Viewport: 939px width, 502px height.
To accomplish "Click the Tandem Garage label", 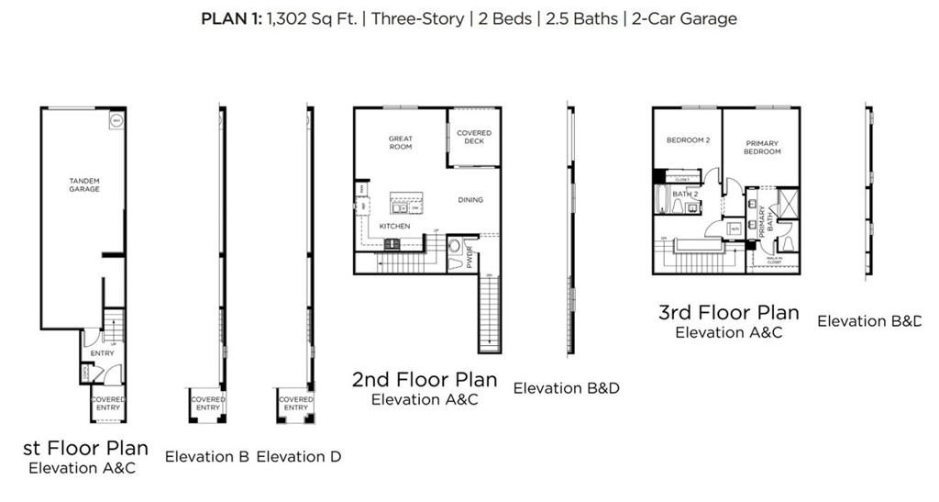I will coord(83,184).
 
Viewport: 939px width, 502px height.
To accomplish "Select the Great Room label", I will coord(401,142).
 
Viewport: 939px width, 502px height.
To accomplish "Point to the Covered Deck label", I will coord(474,137).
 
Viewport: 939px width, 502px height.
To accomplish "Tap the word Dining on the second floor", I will coord(470,199).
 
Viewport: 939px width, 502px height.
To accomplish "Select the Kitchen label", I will coord(395,225).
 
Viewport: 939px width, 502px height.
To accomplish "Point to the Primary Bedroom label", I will coord(762,147).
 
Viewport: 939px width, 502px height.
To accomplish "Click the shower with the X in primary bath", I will coord(787,203).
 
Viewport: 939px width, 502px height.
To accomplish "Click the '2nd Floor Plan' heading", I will coord(425,379).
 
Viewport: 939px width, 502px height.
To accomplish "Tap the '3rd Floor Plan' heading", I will coord(729,312).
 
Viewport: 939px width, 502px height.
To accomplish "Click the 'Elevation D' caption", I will coord(299,456).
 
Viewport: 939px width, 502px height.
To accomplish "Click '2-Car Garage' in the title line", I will coord(682,18).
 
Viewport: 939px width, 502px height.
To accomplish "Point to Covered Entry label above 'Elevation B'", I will coord(207,404).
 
